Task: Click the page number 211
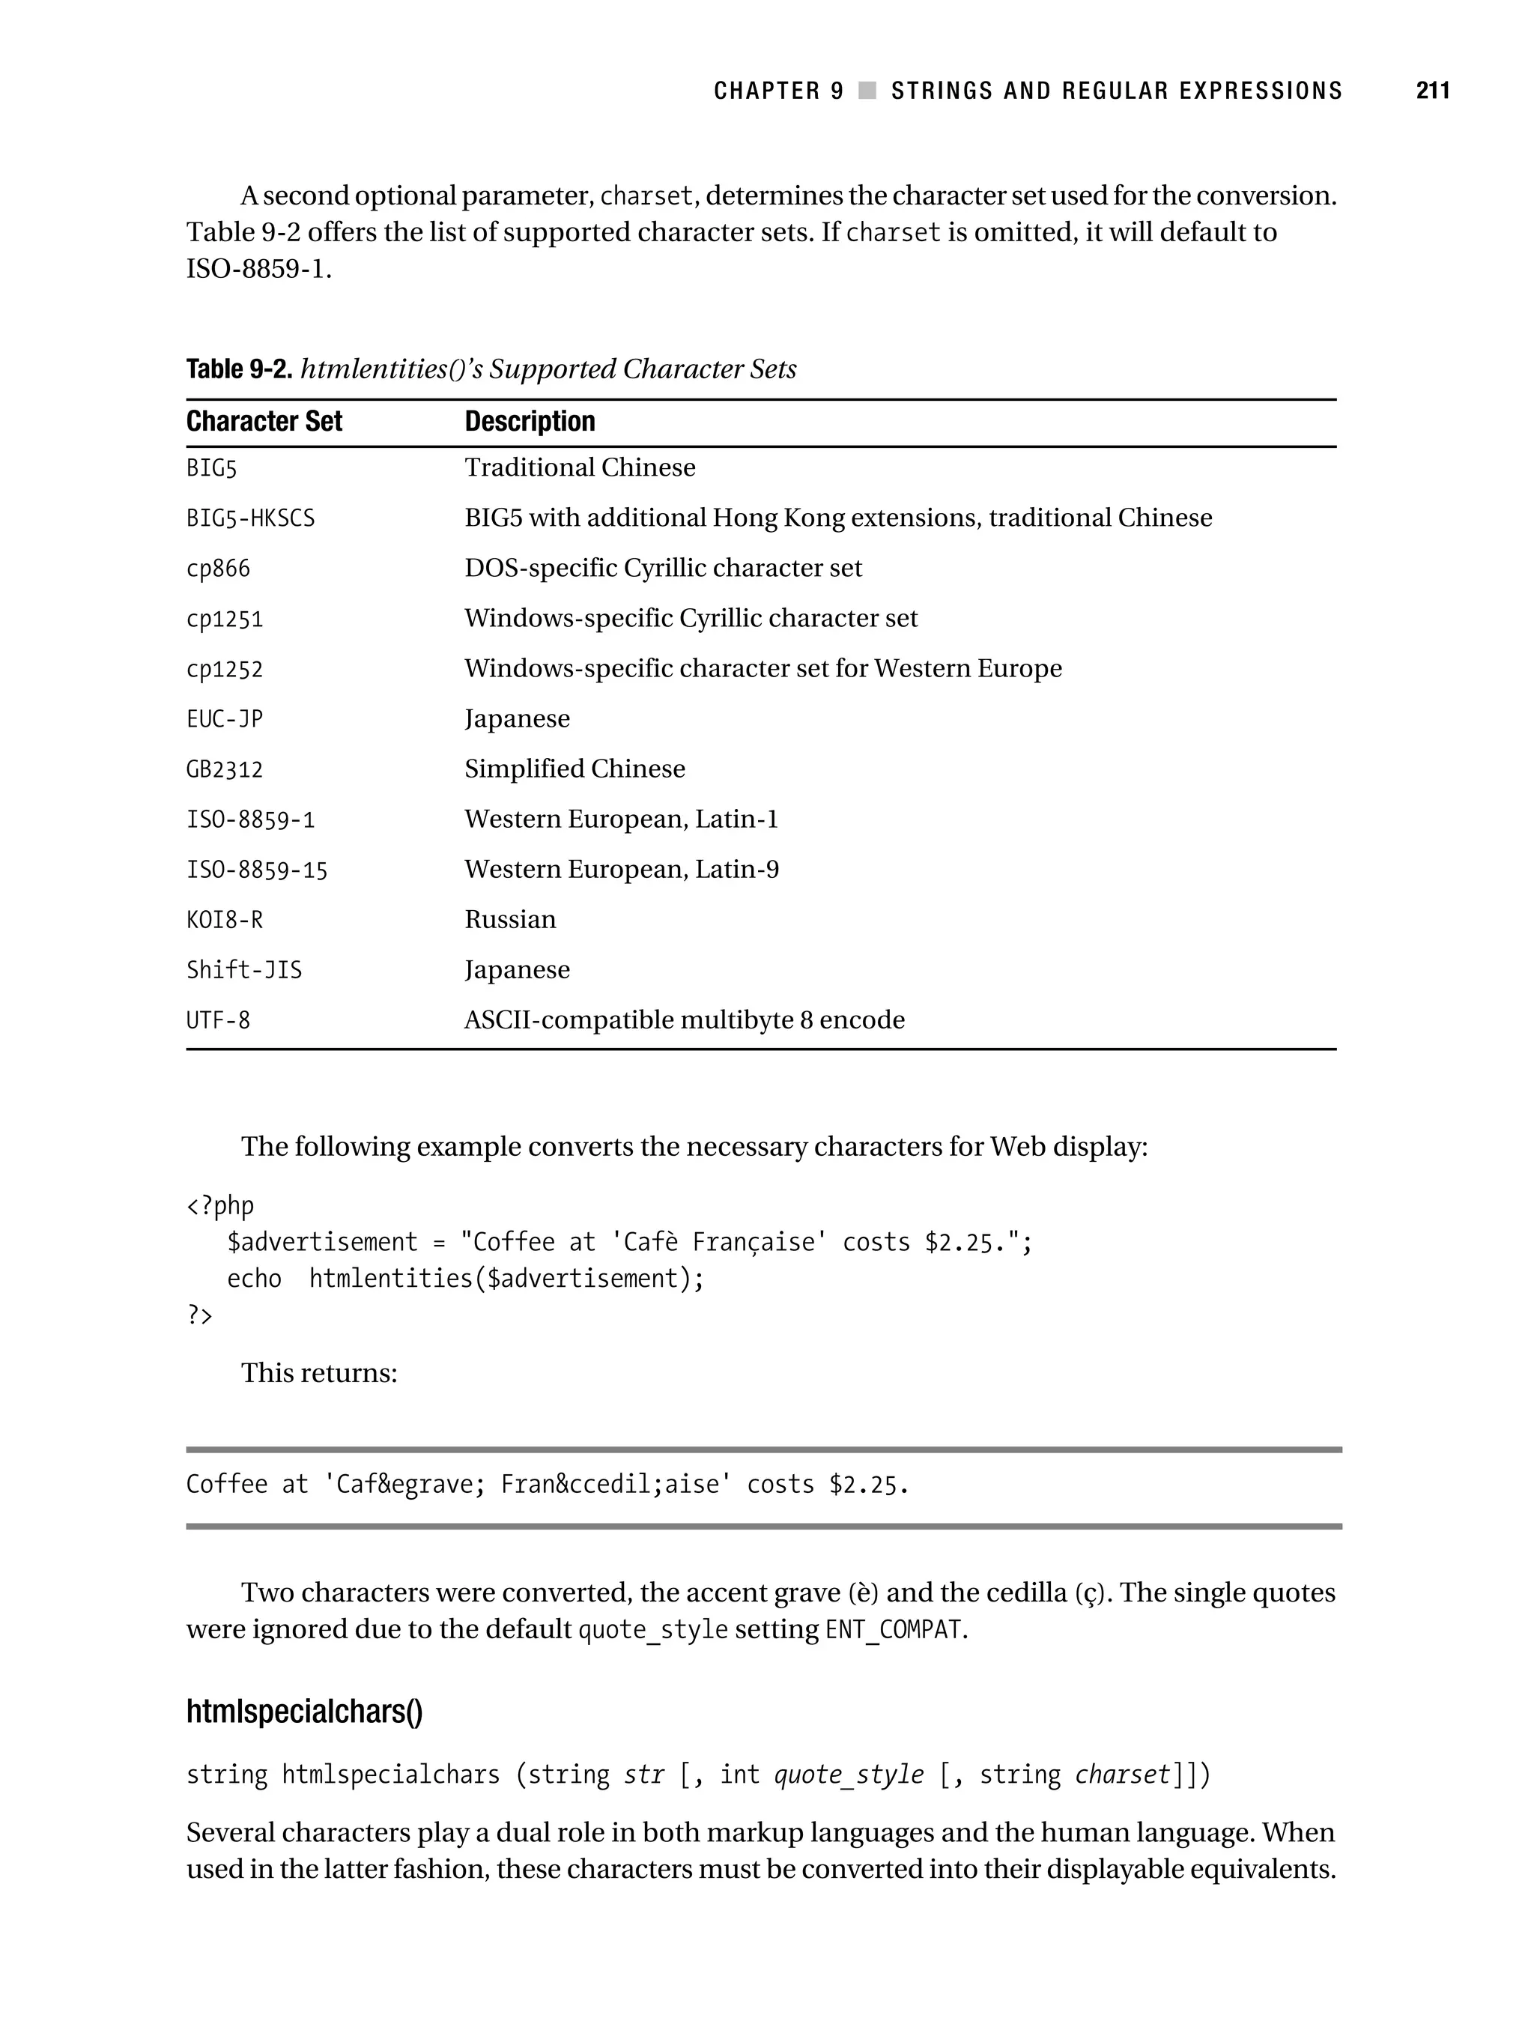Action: point(1432,91)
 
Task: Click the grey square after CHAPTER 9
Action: point(867,91)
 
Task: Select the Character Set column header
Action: point(264,422)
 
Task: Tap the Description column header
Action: point(530,422)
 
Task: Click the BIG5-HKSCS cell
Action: point(250,518)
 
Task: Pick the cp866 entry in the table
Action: point(218,569)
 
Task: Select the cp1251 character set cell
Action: point(225,619)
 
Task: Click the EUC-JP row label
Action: point(225,719)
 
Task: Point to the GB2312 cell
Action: point(225,770)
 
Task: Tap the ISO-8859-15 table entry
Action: point(257,870)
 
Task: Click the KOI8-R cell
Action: point(225,920)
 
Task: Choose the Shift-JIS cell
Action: point(243,971)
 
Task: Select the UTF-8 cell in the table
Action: point(218,1021)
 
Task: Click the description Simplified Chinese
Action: point(575,769)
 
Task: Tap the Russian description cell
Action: point(510,919)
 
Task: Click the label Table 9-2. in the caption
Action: point(239,369)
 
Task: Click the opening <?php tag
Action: point(220,1206)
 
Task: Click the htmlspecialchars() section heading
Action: point(304,1712)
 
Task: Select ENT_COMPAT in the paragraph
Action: point(894,1630)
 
